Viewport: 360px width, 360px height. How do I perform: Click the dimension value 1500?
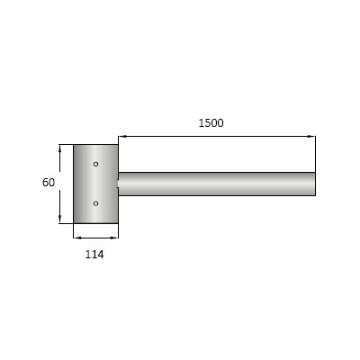click(211, 122)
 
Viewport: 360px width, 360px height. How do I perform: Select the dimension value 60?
click(49, 183)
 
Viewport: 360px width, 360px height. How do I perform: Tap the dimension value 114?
click(94, 255)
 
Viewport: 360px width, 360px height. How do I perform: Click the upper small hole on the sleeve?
click(96, 164)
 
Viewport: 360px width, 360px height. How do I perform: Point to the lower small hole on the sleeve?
click(96, 203)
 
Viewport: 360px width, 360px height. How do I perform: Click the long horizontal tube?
click(216, 184)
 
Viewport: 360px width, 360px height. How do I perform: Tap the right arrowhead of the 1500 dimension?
click(311, 137)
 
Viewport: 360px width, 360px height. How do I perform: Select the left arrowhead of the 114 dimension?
click(76, 238)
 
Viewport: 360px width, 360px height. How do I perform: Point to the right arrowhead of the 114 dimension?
click(114, 238)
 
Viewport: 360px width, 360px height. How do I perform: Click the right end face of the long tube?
click(315, 184)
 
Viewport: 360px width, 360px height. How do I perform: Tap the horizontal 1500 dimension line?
click(216, 137)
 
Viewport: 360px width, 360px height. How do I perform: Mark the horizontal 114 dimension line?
click(95, 238)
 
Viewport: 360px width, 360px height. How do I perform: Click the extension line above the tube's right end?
click(316, 153)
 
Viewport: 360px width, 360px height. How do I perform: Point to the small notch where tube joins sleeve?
click(118, 184)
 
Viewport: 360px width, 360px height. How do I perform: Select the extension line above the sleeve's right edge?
click(118, 139)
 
